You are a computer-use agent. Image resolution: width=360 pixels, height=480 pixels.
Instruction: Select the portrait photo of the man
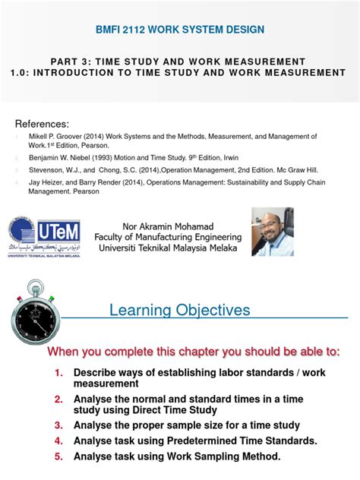click(x=273, y=232)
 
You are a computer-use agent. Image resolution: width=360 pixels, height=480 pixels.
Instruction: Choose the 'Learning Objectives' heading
click(x=179, y=310)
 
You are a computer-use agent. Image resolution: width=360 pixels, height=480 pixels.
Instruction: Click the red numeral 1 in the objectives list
click(x=58, y=374)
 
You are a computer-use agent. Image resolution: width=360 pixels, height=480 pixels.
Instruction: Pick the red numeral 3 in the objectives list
click(x=58, y=425)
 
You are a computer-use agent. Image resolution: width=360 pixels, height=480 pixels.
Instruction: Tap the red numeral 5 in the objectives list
click(x=58, y=456)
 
